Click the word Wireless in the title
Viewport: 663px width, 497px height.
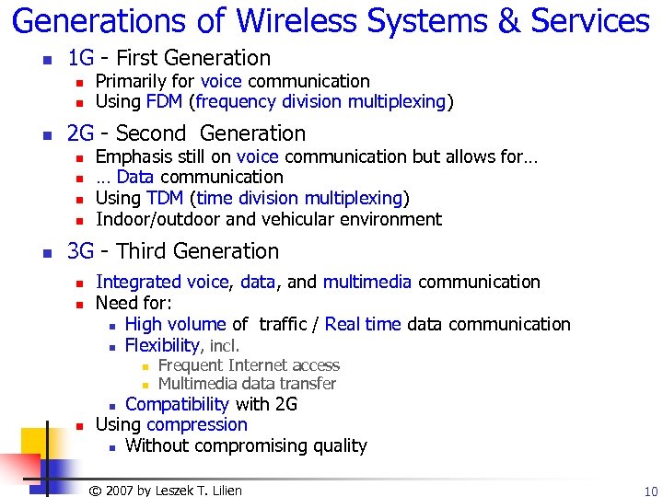(x=280, y=20)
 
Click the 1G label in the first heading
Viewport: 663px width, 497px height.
(x=81, y=58)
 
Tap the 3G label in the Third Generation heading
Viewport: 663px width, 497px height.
(x=82, y=251)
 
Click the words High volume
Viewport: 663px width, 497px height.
(x=175, y=324)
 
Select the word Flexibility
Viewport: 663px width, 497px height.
(x=162, y=345)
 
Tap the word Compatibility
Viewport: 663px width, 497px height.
(x=177, y=404)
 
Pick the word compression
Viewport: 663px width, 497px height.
(x=197, y=424)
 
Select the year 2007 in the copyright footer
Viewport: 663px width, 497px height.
(x=121, y=491)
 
